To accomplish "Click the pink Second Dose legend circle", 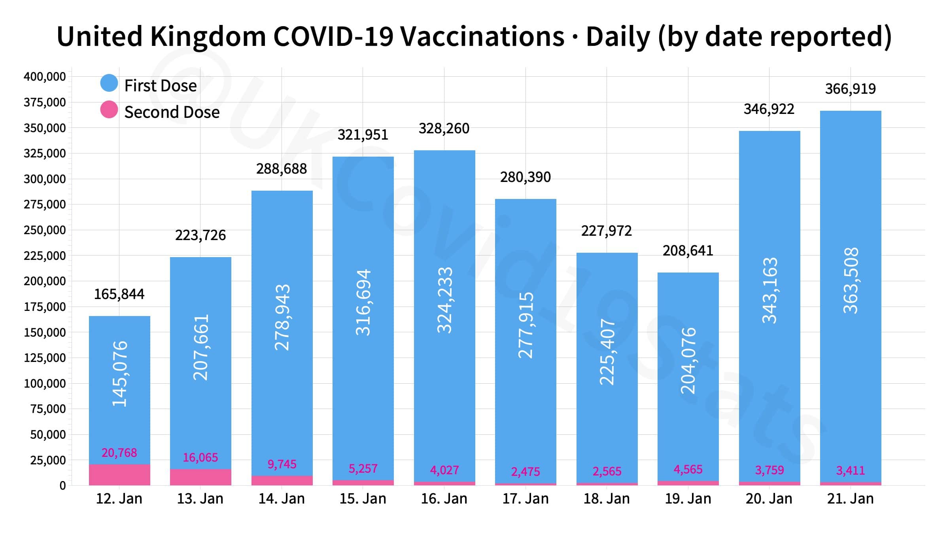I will [109, 110].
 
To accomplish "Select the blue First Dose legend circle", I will [109, 83].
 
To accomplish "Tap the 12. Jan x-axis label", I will [119, 499].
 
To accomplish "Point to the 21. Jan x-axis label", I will [850, 499].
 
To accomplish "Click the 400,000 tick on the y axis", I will [45, 77].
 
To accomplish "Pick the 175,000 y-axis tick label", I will [45, 307].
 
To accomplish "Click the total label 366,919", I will [850, 89].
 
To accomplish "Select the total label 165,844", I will [119, 294].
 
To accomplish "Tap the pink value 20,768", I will [119, 453].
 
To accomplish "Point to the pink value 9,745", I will [282, 464].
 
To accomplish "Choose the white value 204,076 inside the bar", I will [688, 360].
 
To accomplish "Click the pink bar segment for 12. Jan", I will [119, 475].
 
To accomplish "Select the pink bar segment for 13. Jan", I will [200, 477].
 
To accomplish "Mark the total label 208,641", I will [688, 251].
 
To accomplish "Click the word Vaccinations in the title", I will [482, 37].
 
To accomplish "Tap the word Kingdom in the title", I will [208, 37].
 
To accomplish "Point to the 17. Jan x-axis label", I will [526, 499].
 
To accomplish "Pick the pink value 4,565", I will [688, 470].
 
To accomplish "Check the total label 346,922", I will [769, 109].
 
